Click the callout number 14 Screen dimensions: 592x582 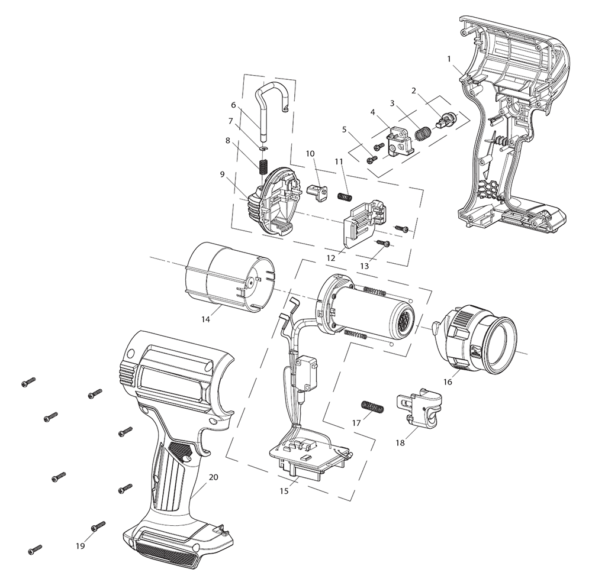(205, 319)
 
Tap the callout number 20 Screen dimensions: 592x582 (213, 477)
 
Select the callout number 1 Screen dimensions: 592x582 (449, 59)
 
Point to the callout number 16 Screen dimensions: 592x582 (448, 382)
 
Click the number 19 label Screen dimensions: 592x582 (80, 545)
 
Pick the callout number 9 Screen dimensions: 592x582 (223, 174)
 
